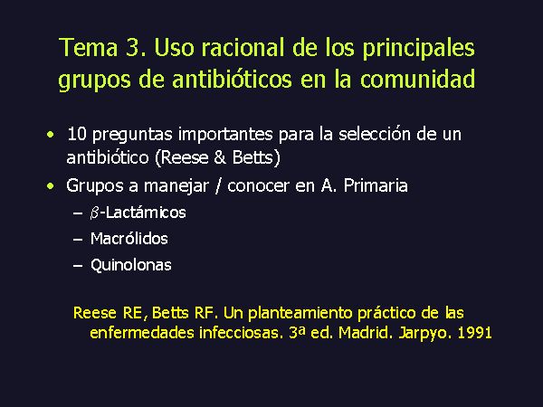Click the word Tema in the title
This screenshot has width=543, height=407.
[89, 47]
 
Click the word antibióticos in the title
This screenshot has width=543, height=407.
[232, 79]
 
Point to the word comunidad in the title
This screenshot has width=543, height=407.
[417, 79]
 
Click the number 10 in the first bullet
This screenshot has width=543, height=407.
[77, 134]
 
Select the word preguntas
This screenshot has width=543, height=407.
[132, 135]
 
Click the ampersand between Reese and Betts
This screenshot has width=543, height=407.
[220, 157]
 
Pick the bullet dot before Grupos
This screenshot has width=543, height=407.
[51, 186]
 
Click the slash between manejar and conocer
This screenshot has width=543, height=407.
[218, 186]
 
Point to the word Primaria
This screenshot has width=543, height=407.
[376, 185]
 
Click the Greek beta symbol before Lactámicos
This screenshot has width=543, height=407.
[94, 213]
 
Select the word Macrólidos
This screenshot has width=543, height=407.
[129, 239]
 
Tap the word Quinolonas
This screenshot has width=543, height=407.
[131, 265]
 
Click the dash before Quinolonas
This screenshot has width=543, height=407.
[78, 266]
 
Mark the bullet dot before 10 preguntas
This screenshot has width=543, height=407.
[51, 134]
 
